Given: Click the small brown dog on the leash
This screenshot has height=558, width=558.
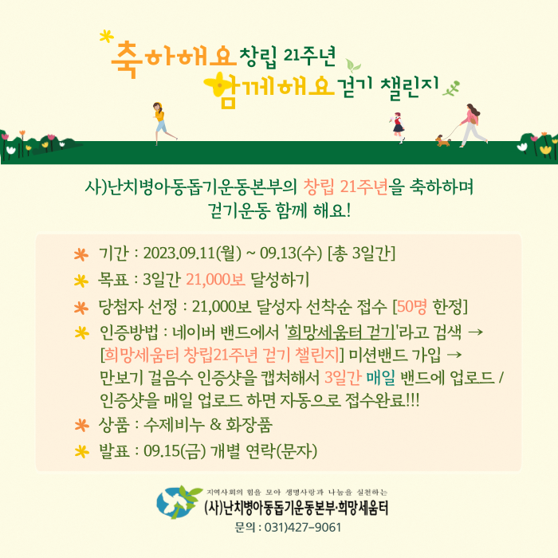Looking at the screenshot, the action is click(442, 141).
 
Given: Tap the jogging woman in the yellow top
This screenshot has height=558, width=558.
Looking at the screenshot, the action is click(163, 123).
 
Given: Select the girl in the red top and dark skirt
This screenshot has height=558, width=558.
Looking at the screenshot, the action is click(399, 128).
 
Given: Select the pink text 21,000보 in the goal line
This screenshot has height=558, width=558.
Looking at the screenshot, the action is click(216, 280).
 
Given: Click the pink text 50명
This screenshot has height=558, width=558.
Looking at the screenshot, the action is click(412, 306).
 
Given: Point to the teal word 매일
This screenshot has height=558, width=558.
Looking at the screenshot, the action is click(380, 378).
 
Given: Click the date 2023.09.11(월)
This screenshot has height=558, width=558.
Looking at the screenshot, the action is click(192, 253).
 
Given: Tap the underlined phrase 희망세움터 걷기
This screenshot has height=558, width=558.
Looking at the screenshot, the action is click(341, 332).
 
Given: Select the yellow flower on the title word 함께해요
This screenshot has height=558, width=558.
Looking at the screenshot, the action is click(218, 84).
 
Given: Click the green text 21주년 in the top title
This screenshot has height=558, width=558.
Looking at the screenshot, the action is click(309, 57).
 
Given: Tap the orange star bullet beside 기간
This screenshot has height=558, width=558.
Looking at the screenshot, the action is click(81, 255).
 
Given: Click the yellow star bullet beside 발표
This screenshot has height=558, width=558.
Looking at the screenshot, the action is click(81, 452).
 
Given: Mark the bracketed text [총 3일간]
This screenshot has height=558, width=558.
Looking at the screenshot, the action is click(361, 253).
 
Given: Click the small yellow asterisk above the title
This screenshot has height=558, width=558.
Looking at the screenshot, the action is click(106, 36).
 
